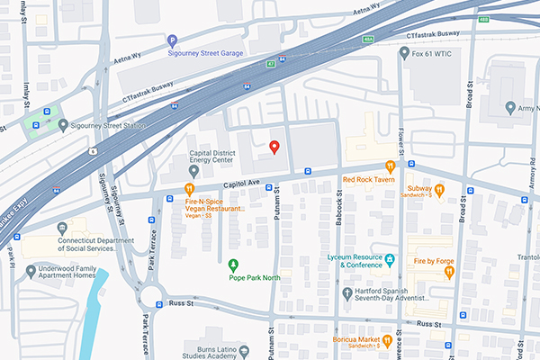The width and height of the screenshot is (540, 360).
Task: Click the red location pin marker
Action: (274, 148)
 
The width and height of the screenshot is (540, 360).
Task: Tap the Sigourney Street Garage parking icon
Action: (172, 40)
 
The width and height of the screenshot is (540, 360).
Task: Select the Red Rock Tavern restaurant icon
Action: (390, 166)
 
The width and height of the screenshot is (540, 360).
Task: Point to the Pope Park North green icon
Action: (234, 264)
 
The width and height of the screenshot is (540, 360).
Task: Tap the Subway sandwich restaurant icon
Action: (439, 189)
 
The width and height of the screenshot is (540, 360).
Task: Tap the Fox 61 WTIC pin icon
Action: (405, 53)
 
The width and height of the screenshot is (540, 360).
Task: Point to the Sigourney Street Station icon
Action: (61, 125)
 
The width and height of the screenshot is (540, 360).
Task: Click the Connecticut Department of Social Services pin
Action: (61, 229)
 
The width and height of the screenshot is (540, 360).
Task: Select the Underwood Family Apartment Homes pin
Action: (31, 271)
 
